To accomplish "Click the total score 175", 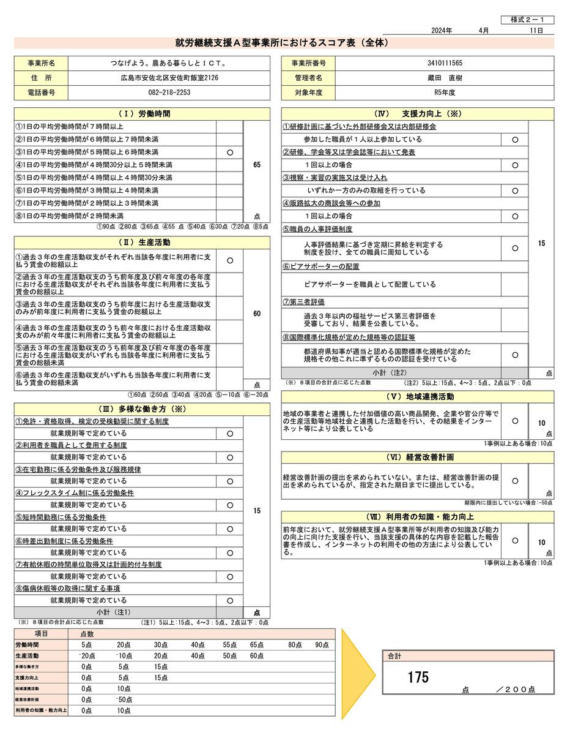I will pos(418,677).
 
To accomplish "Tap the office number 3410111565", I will pos(445,63).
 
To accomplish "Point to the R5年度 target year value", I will pos(445,92).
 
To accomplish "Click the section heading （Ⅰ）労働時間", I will pos(142,114).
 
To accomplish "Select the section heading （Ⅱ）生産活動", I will pos(142,243).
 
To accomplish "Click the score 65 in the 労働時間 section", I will pos(256,165).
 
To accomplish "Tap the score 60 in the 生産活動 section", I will pos(256,314).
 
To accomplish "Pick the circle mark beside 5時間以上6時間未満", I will pos(229,152).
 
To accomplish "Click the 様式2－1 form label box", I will pos(528,20).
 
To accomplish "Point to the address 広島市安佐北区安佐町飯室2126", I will pos(169,78).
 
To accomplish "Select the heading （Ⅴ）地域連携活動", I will pos(417,396).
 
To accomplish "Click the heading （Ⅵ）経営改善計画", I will pos(417,458).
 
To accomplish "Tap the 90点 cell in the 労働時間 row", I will pos(322,645).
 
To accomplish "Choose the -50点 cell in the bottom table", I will pos(125,699).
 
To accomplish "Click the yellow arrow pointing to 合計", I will pos(358,673).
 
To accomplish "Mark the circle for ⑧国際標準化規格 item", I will pos(515,355).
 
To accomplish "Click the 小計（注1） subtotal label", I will pos(114,612).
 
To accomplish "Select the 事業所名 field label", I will pos(41,63).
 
